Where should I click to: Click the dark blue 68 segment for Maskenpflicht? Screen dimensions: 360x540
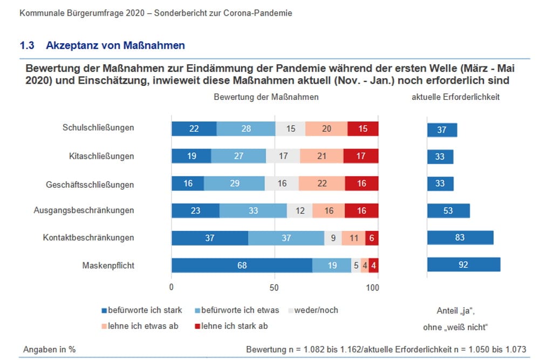(x=242, y=265)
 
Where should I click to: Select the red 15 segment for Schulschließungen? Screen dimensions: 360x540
(x=363, y=128)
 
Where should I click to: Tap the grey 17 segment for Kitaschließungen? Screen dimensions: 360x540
(x=283, y=156)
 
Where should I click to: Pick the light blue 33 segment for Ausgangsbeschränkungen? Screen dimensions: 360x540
(x=253, y=210)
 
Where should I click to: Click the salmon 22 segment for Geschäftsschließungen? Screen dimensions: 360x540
(x=322, y=184)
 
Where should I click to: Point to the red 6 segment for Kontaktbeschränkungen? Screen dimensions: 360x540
(x=372, y=238)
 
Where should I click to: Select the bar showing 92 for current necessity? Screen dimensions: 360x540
(x=463, y=265)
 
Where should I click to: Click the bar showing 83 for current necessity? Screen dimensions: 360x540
(x=460, y=238)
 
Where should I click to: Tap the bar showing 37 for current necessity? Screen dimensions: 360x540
(x=442, y=130)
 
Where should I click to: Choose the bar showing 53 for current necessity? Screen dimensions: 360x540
(x=448, y=210)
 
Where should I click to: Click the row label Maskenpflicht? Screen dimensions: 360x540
(x=108, y=265)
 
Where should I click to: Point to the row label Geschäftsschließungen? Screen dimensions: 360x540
(x=90, y=184)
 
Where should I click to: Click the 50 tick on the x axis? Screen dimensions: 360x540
(x=274, y=288)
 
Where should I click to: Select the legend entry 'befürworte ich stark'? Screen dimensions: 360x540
(x=141, y=310)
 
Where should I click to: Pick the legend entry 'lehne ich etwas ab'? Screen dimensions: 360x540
(x=140, y=326)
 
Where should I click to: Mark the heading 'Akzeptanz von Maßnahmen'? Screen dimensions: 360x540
(x=115, y=45)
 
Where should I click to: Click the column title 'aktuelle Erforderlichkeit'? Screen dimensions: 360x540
(x=455, y=97)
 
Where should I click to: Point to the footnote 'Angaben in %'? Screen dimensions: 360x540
(x=49, y=349)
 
